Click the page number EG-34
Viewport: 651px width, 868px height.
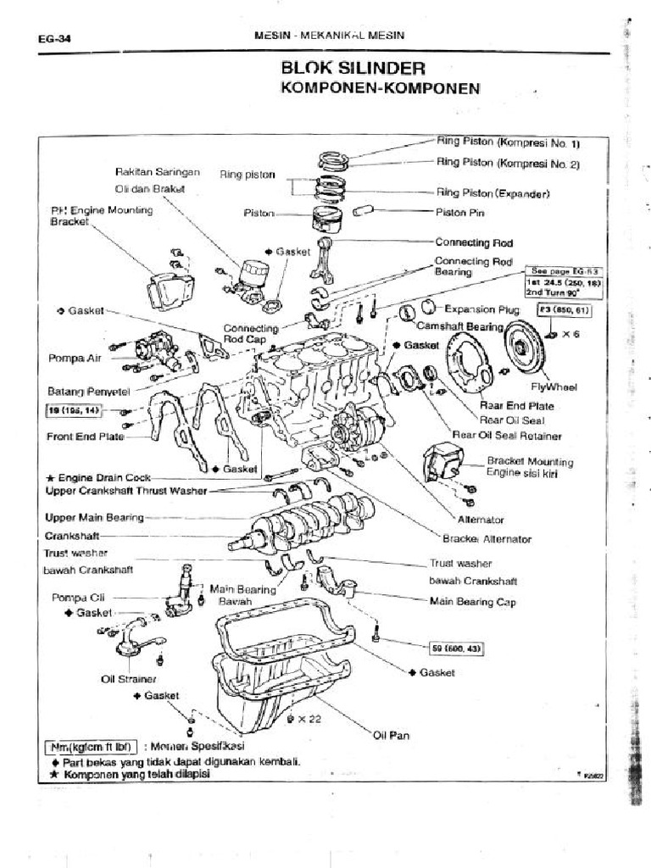click(53, 37)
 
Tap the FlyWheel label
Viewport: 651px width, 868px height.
click(554, 387)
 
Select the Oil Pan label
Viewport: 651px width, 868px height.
click(392, 735)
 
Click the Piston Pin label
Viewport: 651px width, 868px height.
click(459, 213)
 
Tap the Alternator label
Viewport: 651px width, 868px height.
click(481, 519)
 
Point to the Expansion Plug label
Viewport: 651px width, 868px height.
click(481, 309)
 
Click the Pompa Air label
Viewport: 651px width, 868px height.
click(75, 359)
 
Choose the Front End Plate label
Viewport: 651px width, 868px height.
click(85, 437)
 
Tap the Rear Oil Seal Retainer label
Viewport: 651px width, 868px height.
click(507, 435)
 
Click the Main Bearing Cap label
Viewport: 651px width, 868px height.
click(473, 602)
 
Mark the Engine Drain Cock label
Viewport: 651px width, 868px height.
click(99, 478)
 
